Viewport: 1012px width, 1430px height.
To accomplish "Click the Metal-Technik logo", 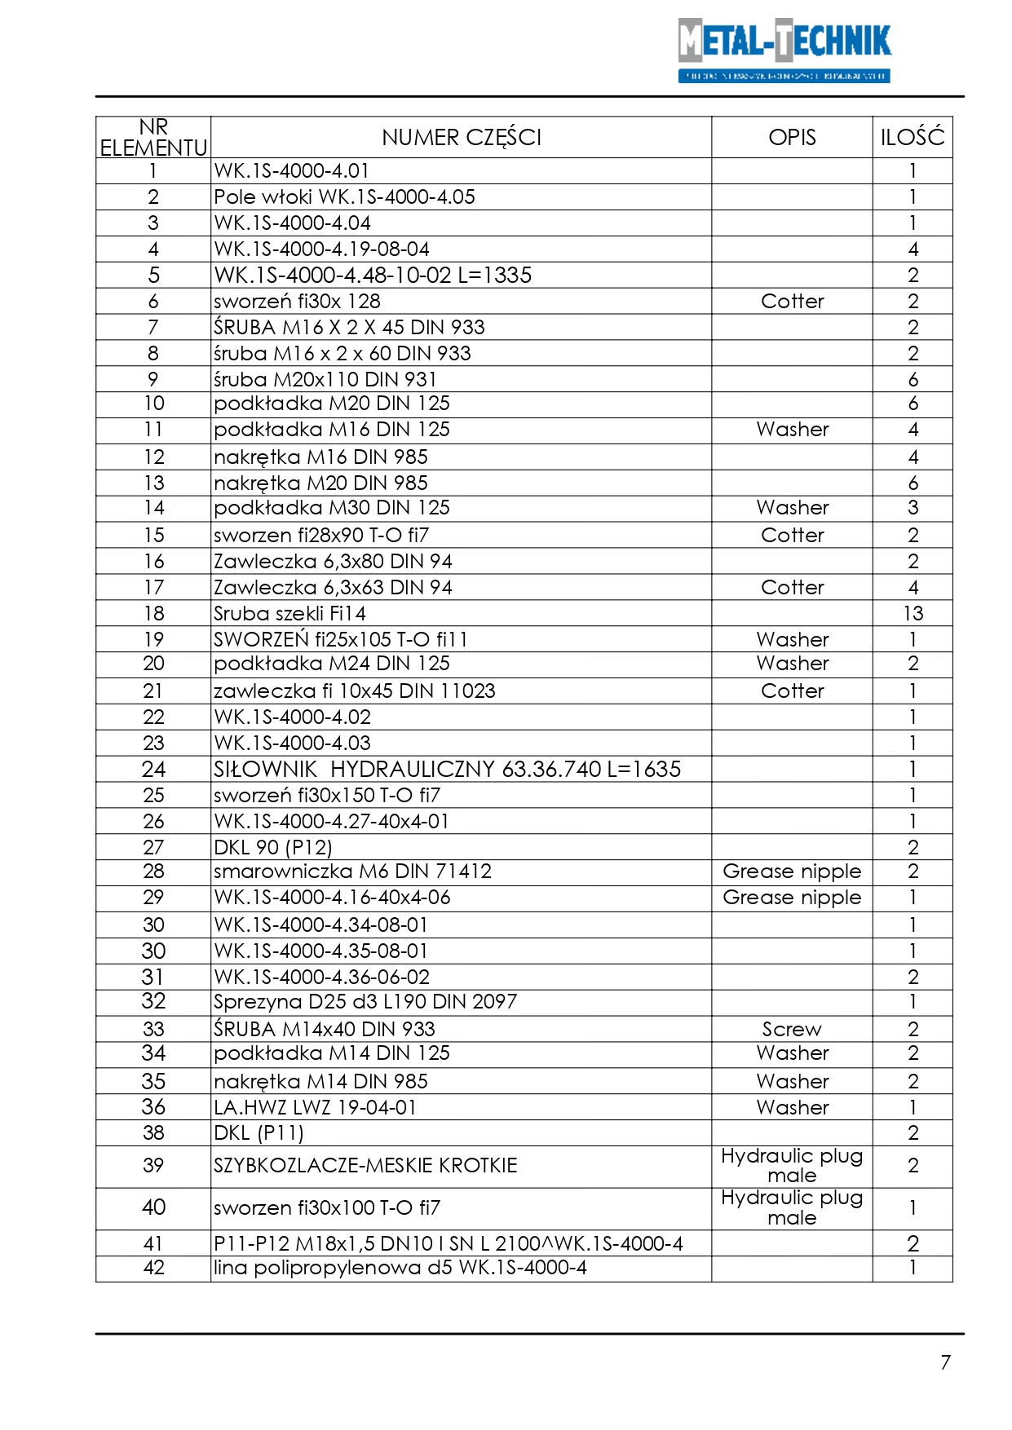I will click(784, 50).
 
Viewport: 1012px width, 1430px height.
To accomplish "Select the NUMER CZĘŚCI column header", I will click(461, 138).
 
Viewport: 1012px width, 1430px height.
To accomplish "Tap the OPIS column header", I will click(792, 138).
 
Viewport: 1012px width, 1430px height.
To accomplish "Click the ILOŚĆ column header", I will click(912, 138).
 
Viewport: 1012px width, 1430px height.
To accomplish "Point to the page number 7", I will click(945, 1362).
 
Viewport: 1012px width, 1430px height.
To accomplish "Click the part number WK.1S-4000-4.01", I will click(291, 171).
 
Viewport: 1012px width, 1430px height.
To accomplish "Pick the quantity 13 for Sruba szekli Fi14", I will click(913, 614).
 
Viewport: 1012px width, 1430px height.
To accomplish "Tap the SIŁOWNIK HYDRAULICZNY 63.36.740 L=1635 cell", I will click(446, 770).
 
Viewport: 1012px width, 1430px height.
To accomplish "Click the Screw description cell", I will click(792, 1030).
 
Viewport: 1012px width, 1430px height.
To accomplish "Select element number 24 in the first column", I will click(153, 770).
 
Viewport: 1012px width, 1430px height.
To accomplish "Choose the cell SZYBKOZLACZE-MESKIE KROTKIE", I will click(365, 1166).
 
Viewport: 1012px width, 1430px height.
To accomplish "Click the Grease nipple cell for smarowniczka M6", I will click(792, 872).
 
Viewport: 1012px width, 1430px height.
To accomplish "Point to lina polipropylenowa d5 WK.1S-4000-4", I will click(400, 1269).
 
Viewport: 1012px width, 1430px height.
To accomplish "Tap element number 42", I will click(153, 1269).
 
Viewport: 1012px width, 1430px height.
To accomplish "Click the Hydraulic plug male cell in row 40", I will click(792, 1208).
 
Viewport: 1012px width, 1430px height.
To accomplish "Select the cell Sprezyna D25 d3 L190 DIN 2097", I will click(365, 1002).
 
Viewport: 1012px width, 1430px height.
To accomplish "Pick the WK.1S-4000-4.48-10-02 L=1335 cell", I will click(372, 276).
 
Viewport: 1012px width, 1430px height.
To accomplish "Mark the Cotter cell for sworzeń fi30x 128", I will click(792, 302).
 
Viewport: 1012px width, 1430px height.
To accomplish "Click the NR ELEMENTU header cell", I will click(153, 138).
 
